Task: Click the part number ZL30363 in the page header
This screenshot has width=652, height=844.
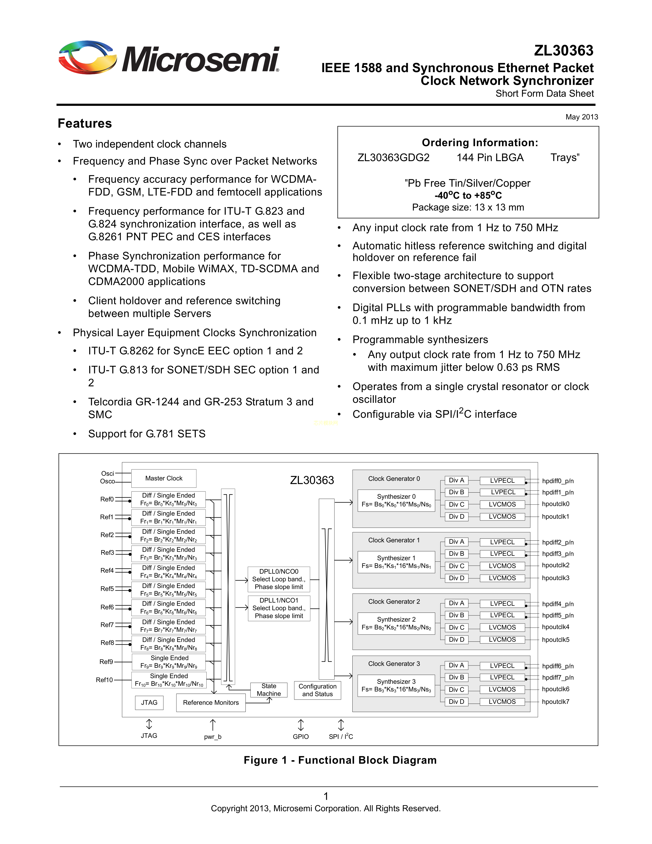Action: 564,51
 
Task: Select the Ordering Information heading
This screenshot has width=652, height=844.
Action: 480,143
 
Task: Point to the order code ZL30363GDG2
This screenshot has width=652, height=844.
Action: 393,158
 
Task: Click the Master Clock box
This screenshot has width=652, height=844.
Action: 164,479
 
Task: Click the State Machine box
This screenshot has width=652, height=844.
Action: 269,690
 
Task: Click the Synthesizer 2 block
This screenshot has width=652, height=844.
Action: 396,623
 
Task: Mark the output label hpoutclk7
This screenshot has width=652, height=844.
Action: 555,702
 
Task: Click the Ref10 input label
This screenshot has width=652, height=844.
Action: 104,680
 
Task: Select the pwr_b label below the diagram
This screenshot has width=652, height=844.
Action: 212,737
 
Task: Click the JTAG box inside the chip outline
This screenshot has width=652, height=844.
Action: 149,703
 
